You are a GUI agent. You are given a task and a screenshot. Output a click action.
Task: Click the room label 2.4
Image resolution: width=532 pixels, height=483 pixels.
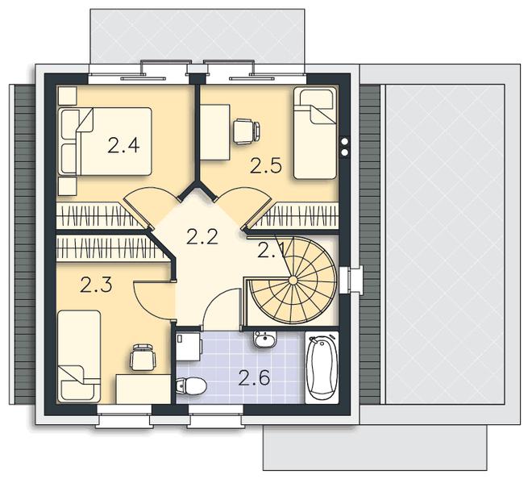coord(123,146)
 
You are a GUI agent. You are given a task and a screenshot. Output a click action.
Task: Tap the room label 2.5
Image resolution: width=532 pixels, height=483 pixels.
coord(266,166)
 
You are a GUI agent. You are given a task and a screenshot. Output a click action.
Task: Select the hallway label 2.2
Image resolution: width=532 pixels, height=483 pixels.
coord(202,236)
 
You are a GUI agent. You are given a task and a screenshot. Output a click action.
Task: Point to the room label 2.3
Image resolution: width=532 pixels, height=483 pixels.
coord(96,285)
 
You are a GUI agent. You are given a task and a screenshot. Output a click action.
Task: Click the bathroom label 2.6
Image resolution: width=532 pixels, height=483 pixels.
coord(254,378)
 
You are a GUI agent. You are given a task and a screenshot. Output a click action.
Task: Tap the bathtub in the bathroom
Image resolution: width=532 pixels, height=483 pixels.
coord(322,368)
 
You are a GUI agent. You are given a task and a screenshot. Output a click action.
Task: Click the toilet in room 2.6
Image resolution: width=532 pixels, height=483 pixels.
coord(191,386)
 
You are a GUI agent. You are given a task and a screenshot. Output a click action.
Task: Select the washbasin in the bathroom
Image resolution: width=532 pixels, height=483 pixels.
coord(265,339)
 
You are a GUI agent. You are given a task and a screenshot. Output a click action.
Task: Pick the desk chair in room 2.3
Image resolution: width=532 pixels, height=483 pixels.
coord(143,357)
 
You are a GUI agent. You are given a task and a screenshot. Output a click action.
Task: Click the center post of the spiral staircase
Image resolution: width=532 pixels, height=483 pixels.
coord(293,280)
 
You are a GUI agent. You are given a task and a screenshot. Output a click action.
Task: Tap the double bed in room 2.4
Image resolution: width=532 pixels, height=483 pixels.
coord(105,142)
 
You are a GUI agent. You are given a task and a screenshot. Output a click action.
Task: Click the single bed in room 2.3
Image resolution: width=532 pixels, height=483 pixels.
coord(79,356)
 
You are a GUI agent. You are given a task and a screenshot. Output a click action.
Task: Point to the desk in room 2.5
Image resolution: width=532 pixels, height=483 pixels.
coord(214,131)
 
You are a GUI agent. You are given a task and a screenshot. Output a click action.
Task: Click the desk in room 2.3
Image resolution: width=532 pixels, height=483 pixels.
coord(143,389)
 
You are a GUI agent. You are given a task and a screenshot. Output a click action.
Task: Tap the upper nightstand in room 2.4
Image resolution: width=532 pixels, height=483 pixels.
coord(68,96)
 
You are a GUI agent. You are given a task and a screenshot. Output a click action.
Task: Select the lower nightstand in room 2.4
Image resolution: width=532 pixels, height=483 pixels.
coord(68,186)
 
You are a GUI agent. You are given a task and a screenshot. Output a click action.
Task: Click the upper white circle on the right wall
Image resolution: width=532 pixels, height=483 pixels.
coord(345,141)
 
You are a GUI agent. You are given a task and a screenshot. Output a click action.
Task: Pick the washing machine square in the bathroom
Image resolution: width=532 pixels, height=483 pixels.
coord(188,346)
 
